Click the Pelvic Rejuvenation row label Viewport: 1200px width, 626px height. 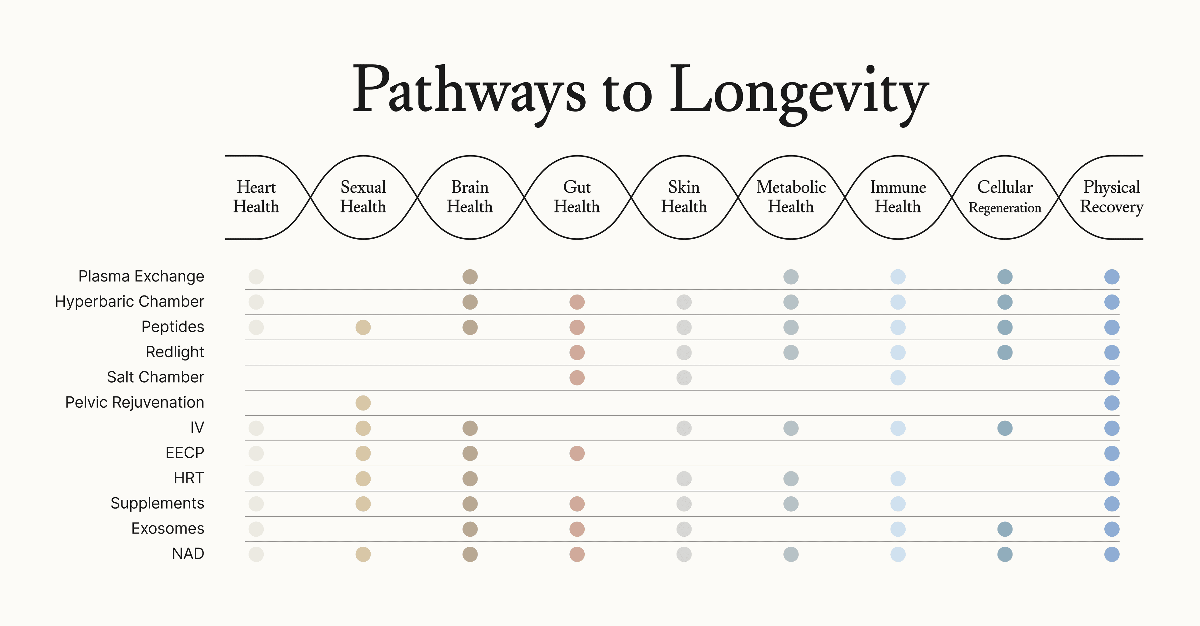pos(135,402)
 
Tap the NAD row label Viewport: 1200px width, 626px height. pos(188,554)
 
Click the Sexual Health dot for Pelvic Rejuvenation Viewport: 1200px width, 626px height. pos(363,403)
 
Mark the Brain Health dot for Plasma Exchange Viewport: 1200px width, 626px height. pos(470,277)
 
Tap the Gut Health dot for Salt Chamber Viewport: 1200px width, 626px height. pos(577,378)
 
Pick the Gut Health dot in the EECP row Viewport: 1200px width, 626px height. pos(577,453)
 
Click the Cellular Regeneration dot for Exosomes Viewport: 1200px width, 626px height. pos(1005,529)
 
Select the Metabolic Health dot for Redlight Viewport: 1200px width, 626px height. pos(791,353)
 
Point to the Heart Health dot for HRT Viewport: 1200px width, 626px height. pos(256,479)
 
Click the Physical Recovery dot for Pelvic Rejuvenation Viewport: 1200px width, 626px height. pos(1112,403)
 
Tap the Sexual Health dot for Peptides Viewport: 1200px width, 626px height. pos(363,327)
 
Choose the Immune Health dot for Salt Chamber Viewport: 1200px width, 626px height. pos(898,378)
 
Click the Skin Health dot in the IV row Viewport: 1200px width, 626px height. pos(684,428)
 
